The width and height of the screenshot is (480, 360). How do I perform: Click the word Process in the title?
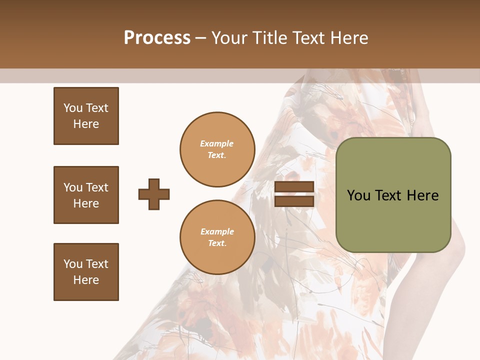[157, 38]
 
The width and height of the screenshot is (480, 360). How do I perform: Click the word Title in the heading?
[270, 38]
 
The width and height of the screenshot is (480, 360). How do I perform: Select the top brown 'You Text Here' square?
[86, 116]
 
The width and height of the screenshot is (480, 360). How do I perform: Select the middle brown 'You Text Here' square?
[86, 195]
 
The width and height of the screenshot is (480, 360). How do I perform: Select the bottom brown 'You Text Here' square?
[86, 272]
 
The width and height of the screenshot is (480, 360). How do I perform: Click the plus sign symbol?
[154, 194]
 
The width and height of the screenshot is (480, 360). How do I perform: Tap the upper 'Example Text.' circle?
[217, 149]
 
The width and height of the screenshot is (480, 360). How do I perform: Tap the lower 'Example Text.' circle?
[217, 237]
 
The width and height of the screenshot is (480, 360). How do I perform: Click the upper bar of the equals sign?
[294, 187]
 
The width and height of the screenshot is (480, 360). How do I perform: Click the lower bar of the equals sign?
[294, 201]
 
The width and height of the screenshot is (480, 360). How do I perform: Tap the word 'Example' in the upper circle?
[217, 144]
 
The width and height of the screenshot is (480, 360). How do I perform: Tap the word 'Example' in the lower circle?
[217, 232]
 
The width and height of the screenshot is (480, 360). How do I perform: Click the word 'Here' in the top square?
[86, 124]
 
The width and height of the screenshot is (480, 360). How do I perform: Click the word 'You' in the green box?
[358, 195]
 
